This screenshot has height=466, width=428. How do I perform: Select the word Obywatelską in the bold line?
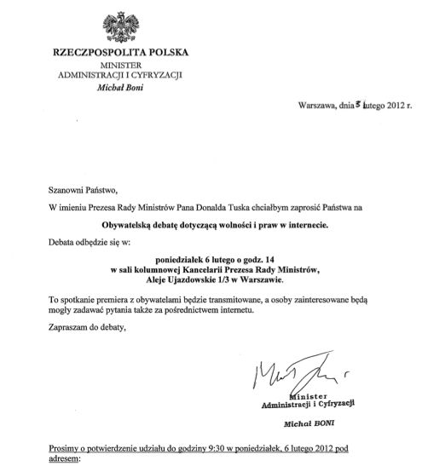click(125, 226)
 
